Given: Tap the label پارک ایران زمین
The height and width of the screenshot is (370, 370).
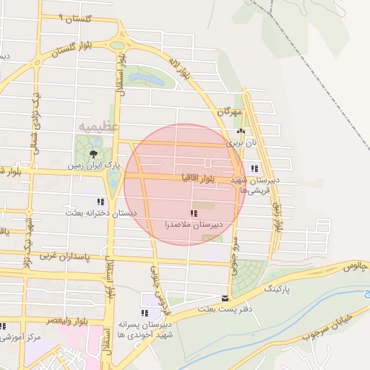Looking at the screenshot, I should click(92, 166).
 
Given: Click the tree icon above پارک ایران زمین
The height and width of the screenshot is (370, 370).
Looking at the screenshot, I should click(93, 154).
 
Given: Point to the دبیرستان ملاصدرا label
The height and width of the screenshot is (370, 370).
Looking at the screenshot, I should click(193, 225).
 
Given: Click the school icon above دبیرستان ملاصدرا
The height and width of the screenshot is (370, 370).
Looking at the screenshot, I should click(193, 213).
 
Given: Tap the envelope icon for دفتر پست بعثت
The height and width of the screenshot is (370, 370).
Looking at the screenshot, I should click(225, 298).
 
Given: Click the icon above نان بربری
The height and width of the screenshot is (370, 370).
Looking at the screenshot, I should click(241, 132).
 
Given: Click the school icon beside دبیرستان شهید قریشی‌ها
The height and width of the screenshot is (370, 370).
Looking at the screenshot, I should click(254, 169).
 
